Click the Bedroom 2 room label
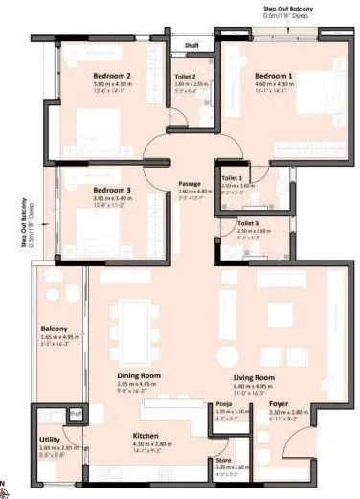click(111, 74)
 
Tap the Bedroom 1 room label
click(274, 74)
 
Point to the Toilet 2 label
click(186, 77)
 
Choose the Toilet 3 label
click(248, 223)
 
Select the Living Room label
click(254, 377)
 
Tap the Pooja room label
click(219, 405)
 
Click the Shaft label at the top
click(191, 43)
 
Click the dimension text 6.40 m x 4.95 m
click(254, 385)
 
